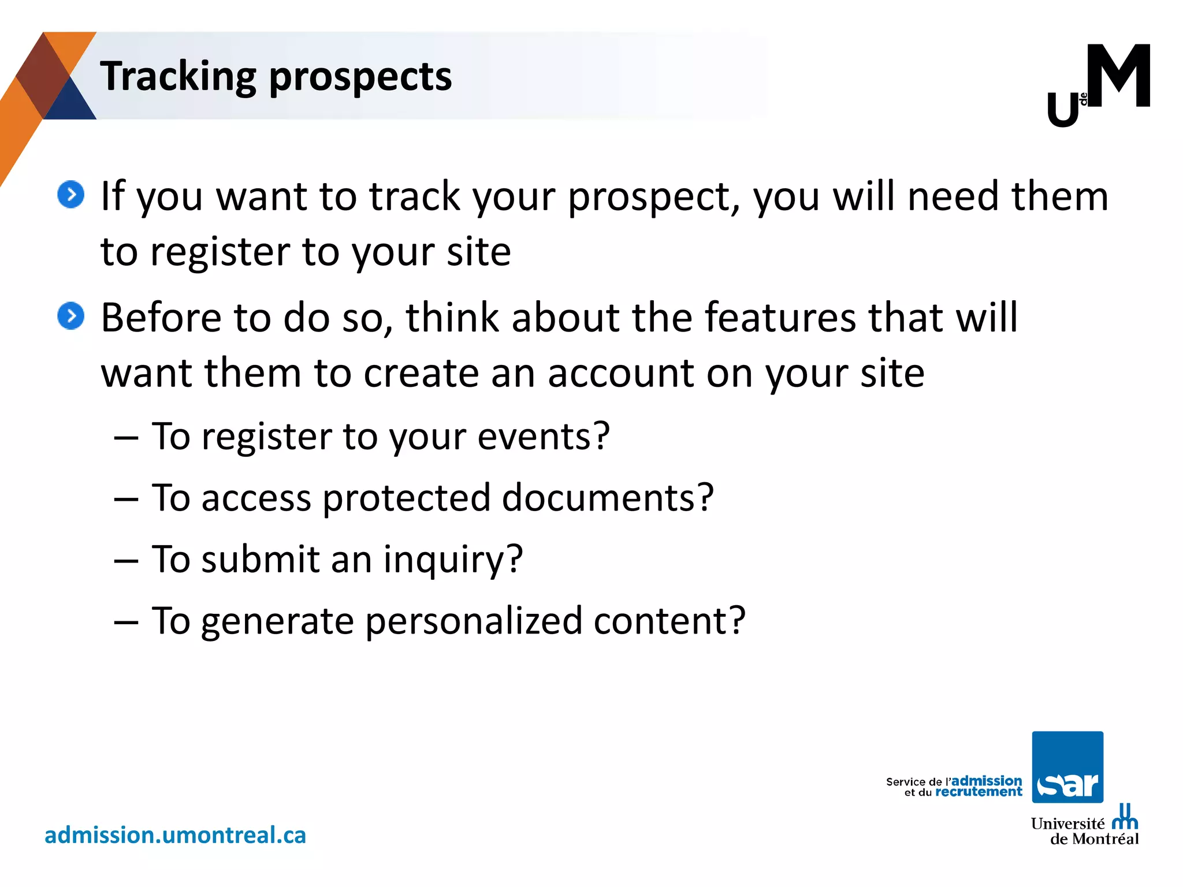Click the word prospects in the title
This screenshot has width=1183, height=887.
coord(360,77)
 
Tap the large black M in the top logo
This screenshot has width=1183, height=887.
coord(1118,76)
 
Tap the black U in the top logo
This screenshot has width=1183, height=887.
coord(1063,110)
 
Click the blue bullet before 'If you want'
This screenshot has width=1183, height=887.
coord(71,195)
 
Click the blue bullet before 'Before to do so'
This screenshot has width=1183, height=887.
coord(71,316)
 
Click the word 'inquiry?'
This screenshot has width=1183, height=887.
coord(453,560)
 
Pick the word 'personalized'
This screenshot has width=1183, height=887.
coord(474,621)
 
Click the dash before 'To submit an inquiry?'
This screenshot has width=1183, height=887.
coord(126,560)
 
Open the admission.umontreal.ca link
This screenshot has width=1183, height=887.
coord(175,835)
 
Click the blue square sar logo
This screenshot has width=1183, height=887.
coord(1067,767)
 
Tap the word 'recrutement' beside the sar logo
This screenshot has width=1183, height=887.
coord(979,792)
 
